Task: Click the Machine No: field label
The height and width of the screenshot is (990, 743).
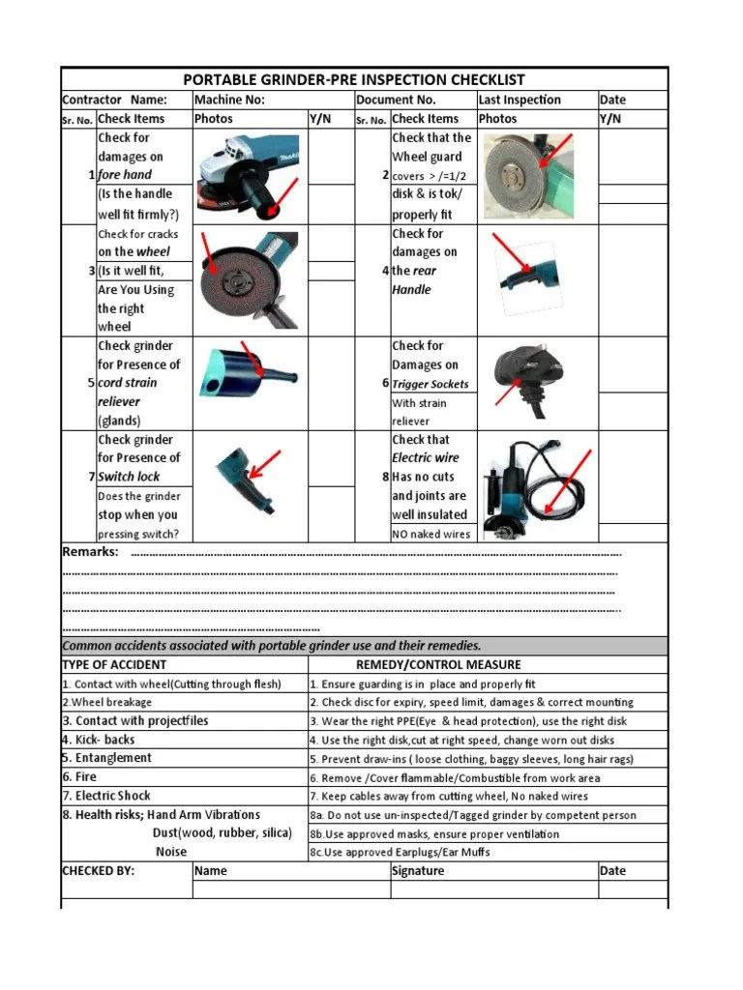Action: (229, 100)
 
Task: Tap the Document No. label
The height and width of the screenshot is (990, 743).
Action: (396, 100)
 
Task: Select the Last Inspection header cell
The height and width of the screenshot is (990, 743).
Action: (519, 100)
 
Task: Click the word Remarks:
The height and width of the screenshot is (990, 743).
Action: (90, 552)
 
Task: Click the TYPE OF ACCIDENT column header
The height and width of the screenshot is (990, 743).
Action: (114, 665)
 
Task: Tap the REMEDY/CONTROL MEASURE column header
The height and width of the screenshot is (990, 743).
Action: (438, 665)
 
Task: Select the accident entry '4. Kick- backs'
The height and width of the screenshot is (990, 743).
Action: (99, 740)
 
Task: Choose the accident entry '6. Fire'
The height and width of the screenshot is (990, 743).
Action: (80, 777)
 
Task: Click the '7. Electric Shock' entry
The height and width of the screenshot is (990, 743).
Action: (106, 796)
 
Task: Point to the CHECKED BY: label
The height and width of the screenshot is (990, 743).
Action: (99, 871)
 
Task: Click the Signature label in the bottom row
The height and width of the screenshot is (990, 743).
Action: (418, 871)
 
